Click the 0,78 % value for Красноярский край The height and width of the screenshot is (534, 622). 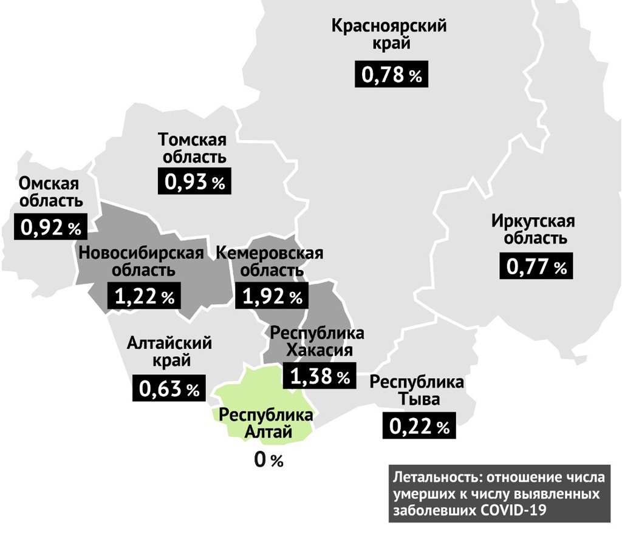tap(392, 75)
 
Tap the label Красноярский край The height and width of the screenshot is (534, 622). tap(389, 35)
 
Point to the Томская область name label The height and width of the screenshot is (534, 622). tap(193, 147)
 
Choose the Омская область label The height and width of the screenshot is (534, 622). tap(49, 192)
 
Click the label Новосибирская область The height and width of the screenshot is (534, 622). tap(140, 261)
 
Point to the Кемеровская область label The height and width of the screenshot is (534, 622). tap(270, 261)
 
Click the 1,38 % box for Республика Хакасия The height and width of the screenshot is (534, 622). tap(320, 377)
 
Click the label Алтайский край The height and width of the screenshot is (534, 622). tap(169, 352)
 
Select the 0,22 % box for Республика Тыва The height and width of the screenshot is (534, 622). tap(419, 427)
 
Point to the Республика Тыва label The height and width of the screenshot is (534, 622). tap(417, 391)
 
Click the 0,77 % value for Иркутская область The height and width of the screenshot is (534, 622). tap(536, 266)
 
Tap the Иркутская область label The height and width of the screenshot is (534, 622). tap(533, 229)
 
